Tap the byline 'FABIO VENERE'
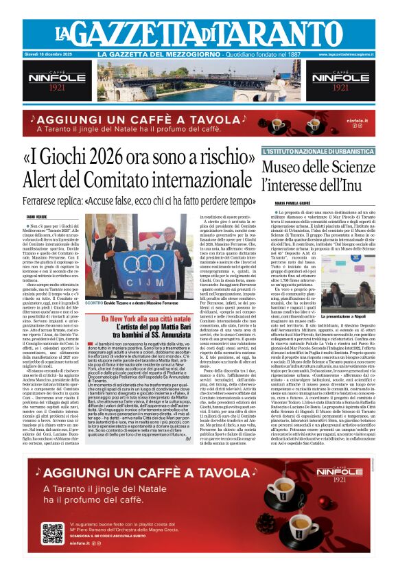click(36, 216)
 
